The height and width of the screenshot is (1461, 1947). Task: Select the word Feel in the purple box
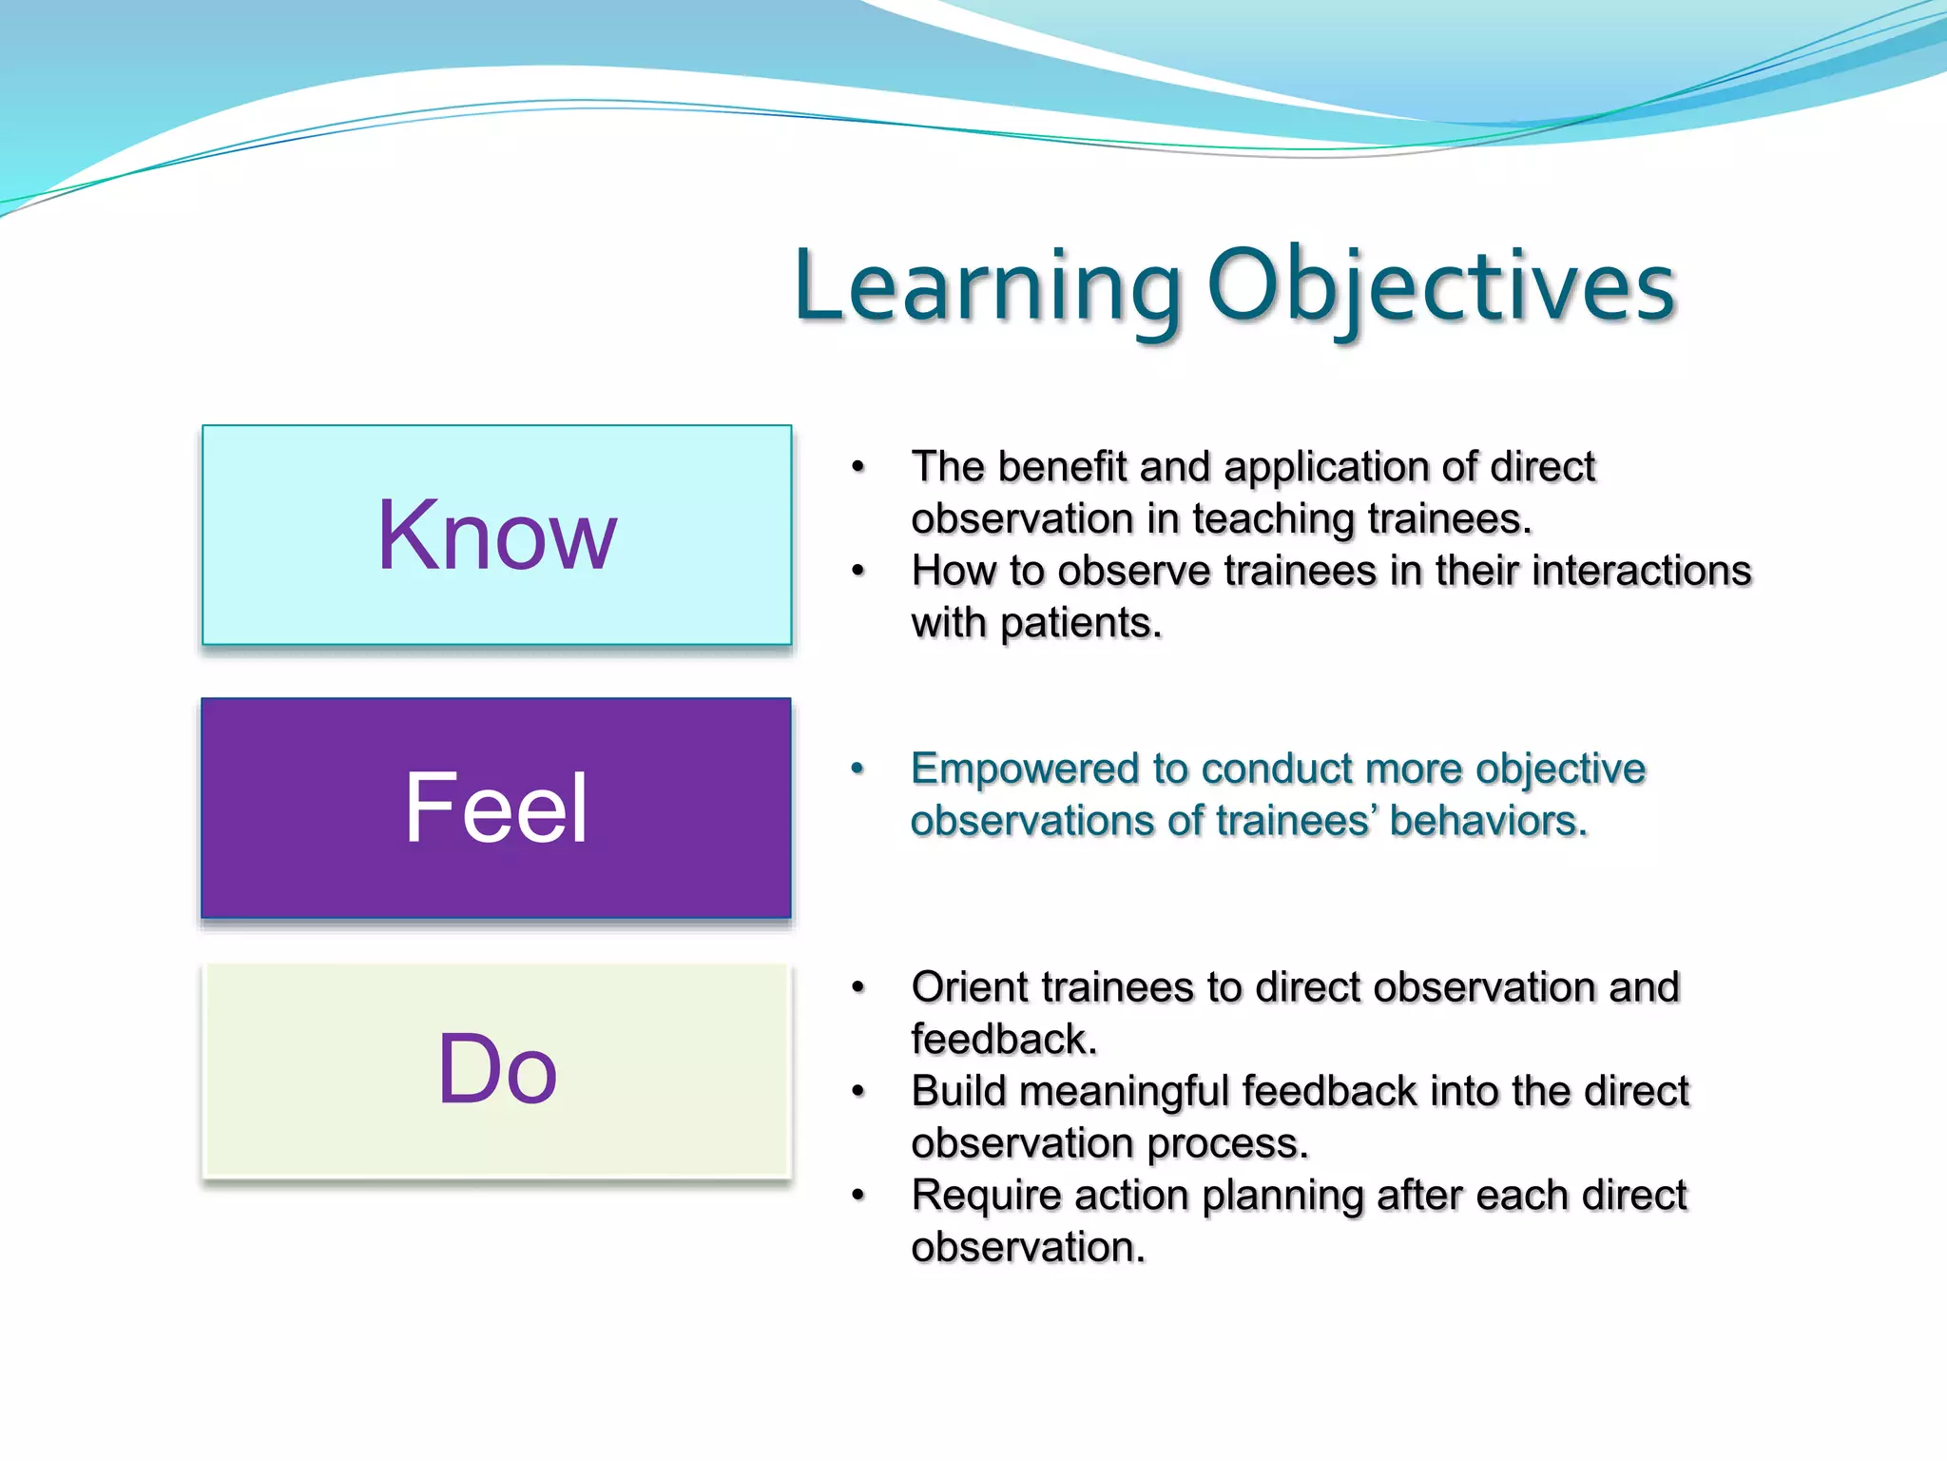click(x=496, y=808)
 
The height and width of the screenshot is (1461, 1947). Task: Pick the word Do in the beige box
click(x=496, y=1070)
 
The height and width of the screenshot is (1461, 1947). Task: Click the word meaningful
click(x=1123, y=1092)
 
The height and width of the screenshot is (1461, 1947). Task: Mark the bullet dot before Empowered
click(x=858, y=769)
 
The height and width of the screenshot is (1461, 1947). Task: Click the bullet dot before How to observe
click(x=858, y=571)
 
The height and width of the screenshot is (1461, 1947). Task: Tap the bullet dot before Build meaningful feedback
click(x=858, y=1092)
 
